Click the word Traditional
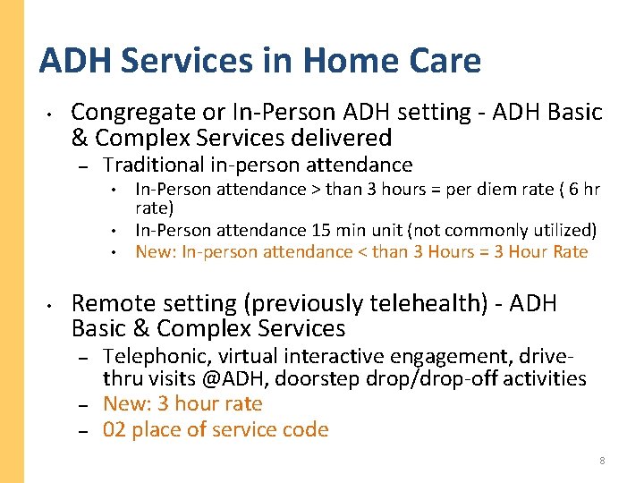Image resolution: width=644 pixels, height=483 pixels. click(153, 165)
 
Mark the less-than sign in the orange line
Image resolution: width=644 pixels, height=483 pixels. click(361, 251)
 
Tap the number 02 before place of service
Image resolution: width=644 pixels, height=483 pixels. click(114, 429)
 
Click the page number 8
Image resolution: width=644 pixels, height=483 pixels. click(602, 461)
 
